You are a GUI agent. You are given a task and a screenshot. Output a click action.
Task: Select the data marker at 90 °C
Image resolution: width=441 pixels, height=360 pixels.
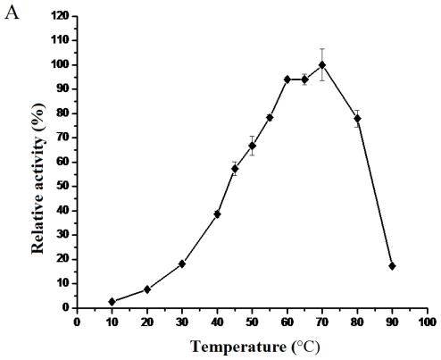pyautogui.click(x=392, y=266)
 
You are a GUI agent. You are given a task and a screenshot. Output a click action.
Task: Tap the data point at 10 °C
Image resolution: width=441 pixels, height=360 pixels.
pyautogui.click(x=112, y=302)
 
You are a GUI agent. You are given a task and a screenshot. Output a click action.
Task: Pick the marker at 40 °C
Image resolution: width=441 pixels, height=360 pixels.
pyautogui.click(x=217, y=214)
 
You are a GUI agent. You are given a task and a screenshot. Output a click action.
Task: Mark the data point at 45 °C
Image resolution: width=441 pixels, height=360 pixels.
pyautogui.click(x=235, y=168)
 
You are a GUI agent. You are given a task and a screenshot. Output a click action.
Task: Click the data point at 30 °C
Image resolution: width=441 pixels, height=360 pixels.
pyautogui.click(x=182, y=264)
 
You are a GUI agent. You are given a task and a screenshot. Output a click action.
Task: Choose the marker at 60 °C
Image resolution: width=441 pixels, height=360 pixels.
pyautogui.click(x=287, y=80)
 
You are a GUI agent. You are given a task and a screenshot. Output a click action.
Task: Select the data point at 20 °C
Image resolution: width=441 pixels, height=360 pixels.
pyautogui.click(x=147, y=289)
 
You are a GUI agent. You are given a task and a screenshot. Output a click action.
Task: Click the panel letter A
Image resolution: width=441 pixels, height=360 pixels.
pyautogui.click(x=12, y=13)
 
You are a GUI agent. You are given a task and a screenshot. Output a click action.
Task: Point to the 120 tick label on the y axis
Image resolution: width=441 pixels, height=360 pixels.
pyautogui.click(x=60, y=16)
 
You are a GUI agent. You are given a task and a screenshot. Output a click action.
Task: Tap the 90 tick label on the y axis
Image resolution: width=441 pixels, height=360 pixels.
pyautogui.click(x=62, y=88)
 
